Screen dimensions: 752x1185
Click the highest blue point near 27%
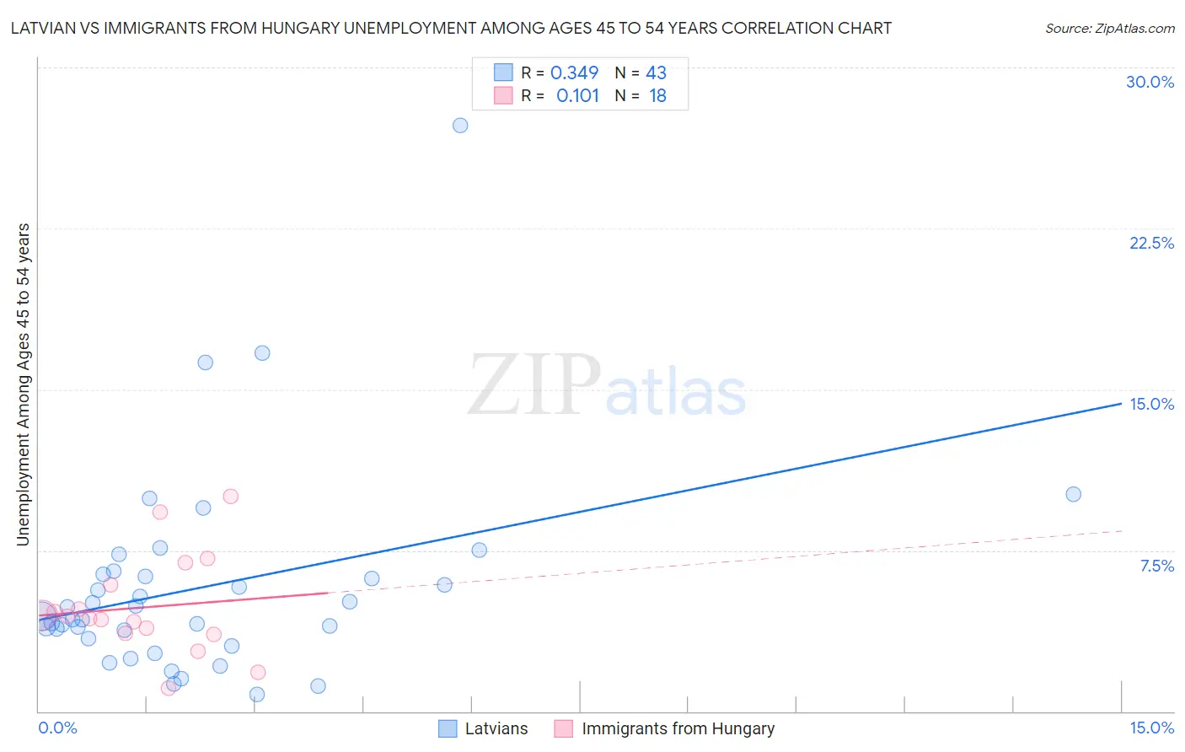point(460,126)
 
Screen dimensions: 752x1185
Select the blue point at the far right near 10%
point(1073,494)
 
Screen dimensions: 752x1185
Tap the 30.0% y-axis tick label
point(1150,82)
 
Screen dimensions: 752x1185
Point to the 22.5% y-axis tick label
point(1151,243)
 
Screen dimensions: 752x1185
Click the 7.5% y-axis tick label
point(1156,566)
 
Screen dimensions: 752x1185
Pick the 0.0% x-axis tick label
point(58,728)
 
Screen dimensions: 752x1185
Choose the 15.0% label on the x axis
point(1151,728)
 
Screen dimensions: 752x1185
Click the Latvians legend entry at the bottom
point(496,728)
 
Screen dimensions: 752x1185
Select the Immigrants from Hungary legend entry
point(678,728)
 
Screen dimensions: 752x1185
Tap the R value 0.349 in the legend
point(574,73)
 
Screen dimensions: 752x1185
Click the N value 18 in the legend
point(657,96)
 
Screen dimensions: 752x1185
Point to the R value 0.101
point(577,96)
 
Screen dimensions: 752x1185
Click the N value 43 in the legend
point(656,73)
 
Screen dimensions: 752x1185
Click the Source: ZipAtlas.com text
point(1109,29)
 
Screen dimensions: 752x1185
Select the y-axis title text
point(24,384)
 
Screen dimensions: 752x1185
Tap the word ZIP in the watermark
point(534,386)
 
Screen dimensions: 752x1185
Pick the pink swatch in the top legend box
point(503,95)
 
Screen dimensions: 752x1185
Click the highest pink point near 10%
point(230,497)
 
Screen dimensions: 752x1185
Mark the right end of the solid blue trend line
point(1121,404)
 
